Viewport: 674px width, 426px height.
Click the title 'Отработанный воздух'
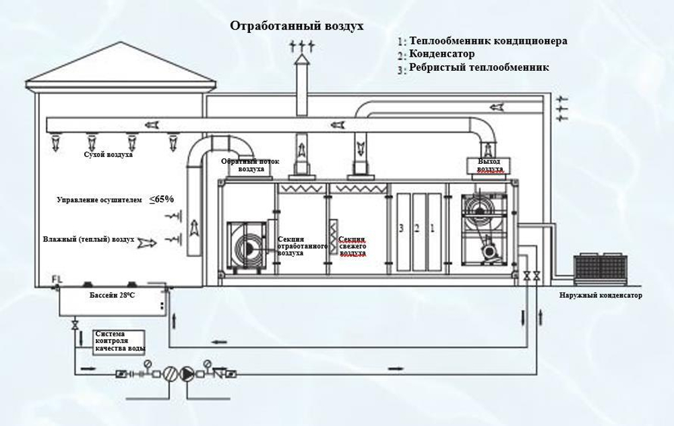297,26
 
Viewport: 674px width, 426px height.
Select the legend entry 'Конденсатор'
441,54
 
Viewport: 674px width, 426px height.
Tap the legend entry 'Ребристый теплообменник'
479,67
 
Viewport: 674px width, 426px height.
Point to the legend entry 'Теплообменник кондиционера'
488,41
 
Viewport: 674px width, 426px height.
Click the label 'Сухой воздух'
108,155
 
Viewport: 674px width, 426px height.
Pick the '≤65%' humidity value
162,199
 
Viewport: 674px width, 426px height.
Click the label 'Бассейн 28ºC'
112,296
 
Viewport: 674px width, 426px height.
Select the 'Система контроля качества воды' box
120,341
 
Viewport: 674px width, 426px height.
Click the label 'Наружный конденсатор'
601,296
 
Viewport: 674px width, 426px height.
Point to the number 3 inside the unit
401,229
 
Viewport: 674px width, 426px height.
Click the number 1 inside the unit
433,229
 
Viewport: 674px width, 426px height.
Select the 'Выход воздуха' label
490,165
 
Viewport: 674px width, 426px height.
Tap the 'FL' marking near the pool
56,279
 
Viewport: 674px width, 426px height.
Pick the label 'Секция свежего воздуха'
352,247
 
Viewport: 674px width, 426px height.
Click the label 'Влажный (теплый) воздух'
88,239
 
